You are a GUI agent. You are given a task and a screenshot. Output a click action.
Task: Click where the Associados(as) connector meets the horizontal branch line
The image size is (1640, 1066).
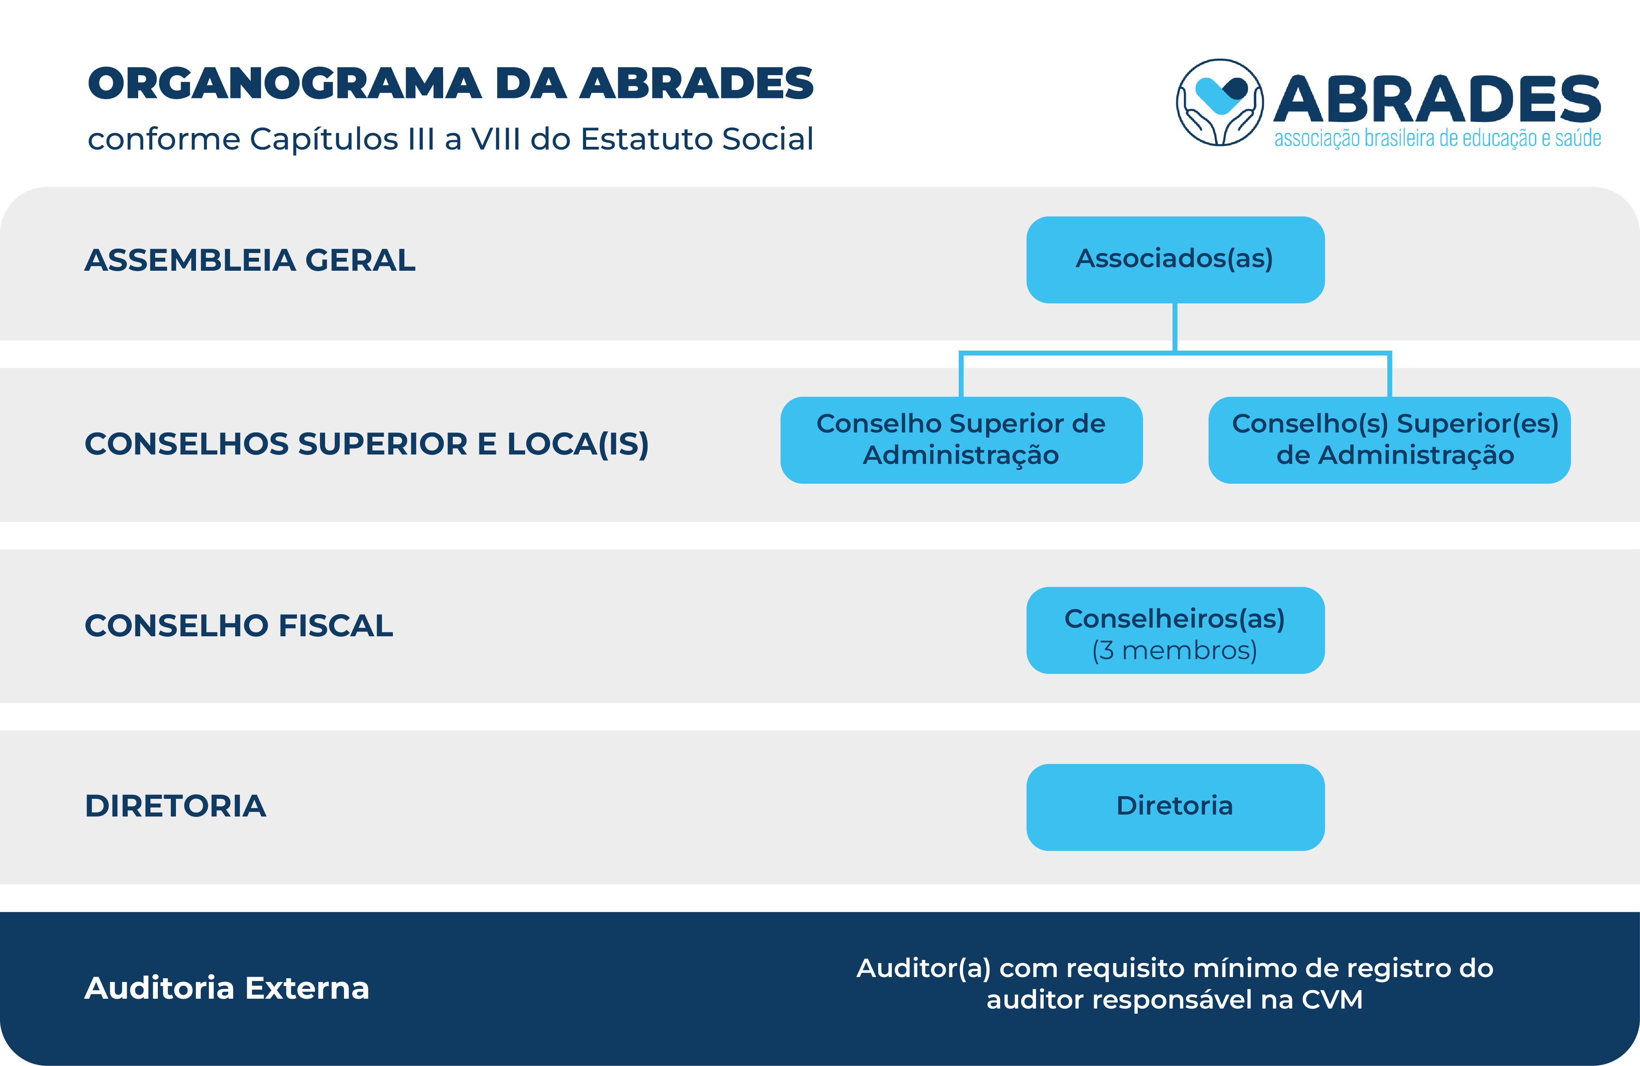[1175, 353]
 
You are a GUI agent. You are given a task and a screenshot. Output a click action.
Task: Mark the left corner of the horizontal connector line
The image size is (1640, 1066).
[961, 353]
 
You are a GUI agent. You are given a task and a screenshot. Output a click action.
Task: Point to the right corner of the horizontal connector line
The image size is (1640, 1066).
[1389, 353]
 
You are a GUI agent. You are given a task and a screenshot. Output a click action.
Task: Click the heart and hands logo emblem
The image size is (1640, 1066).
[1220, 102]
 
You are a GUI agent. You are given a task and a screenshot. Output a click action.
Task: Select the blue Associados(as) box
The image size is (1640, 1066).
[1175, 260]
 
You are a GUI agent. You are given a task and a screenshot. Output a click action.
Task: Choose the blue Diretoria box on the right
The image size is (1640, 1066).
[1175, 807]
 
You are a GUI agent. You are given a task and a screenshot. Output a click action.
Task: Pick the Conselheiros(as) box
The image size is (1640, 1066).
[1175, 630]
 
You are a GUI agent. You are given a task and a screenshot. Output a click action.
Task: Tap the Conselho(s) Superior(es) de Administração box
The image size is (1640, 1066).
[1389, 440]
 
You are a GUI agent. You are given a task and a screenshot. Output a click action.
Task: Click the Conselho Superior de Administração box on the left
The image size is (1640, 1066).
[961, 440]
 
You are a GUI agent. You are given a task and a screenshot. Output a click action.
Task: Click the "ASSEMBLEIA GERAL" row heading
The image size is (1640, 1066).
[250, 260]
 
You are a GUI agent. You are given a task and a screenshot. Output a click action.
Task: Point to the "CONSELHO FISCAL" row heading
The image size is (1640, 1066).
[239, 625]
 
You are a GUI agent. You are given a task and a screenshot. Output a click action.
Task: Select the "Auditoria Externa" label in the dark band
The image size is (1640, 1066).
[227, 987]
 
